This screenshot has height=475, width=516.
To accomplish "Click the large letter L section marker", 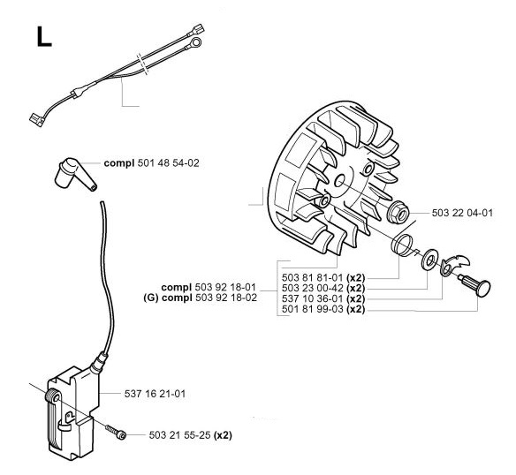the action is coord(44,36).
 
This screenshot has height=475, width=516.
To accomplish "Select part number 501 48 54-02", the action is coord(168,163).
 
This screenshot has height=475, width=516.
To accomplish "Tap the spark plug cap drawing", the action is coord(75,174).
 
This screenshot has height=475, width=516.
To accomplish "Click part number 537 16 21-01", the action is coord(155,394).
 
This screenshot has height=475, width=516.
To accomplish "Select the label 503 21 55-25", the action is coord(179,435).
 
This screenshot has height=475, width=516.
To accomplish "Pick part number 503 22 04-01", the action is coord(462,213).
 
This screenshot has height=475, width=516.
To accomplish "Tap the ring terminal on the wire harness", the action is coord(194,43).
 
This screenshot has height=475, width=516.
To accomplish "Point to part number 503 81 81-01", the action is coord(313,277).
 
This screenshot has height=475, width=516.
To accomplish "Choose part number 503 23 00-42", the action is coord(313,288).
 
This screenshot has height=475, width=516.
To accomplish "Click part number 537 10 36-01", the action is coord(313,298).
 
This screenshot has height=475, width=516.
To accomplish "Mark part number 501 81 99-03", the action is coord(313,309).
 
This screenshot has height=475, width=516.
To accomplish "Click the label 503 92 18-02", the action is coord(226,298).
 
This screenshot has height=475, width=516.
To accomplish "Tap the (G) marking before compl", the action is coord(151,298).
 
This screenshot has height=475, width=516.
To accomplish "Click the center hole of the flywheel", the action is coord(340,181).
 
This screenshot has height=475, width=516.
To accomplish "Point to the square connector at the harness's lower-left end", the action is coord(36,120).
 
